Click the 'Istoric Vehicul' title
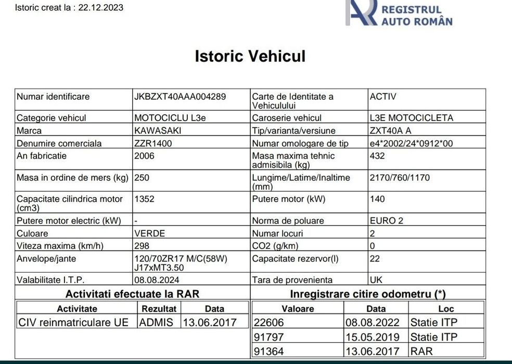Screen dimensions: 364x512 tap(250, 56)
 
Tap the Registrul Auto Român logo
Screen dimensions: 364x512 tap(399, 13)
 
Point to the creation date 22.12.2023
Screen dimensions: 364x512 tap(101, 8)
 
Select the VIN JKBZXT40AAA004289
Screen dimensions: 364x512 tap(180, 97)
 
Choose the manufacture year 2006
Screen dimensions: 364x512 tap(144, 155)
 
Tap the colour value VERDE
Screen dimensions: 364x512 tap(149, 233)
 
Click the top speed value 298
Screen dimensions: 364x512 tap(142, 246)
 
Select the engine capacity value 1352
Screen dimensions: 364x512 tap(144, 199)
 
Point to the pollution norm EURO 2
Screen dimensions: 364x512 tap(386, 220)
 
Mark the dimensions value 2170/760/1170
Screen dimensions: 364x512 tap(400, 177)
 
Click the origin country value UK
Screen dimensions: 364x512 tap(376, 280)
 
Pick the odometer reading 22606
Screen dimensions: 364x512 tap(268, 322)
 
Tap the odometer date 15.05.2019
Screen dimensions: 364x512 tap(373, 337)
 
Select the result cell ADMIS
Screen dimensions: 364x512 tap(157, 322)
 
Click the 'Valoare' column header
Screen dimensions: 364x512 tap(298, 308)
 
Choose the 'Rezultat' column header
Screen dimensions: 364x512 tap(159, 308)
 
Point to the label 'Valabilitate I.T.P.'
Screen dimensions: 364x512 tap(50, 280)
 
